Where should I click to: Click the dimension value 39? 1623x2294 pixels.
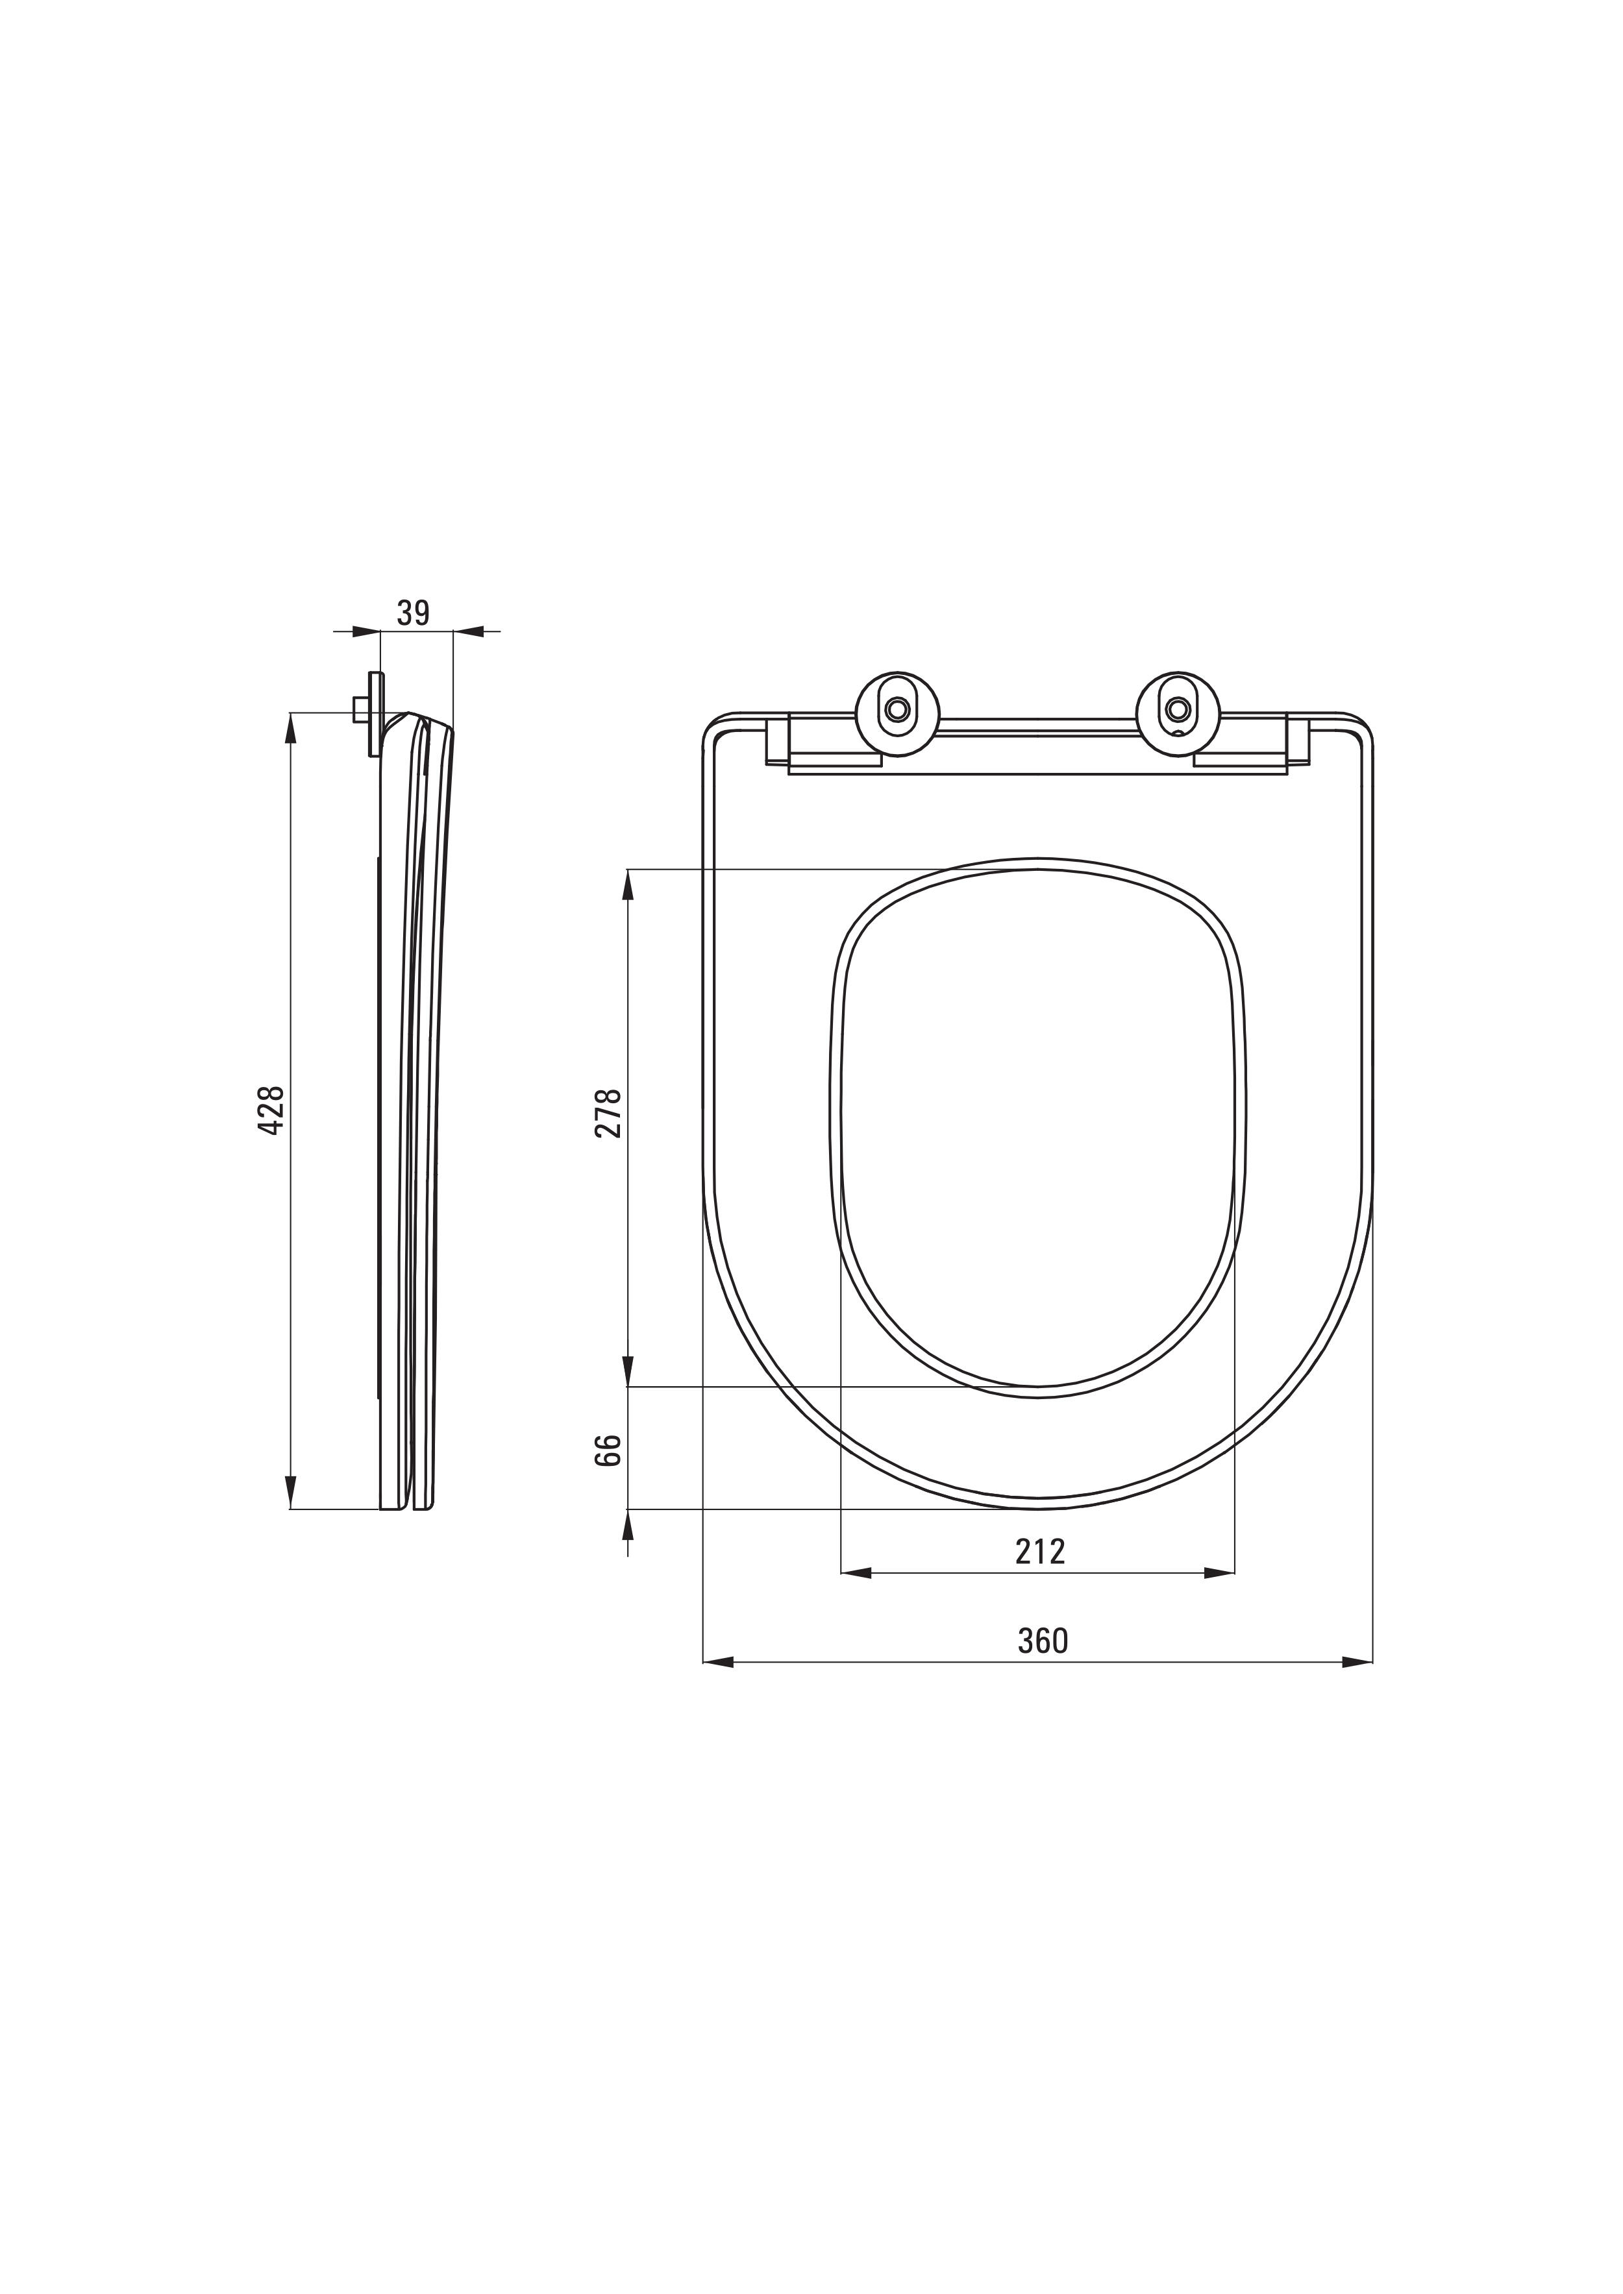tap(413, 613)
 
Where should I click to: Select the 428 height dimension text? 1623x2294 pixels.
tap(272, 1109)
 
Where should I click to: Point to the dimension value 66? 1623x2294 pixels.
tap(610, 1448)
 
